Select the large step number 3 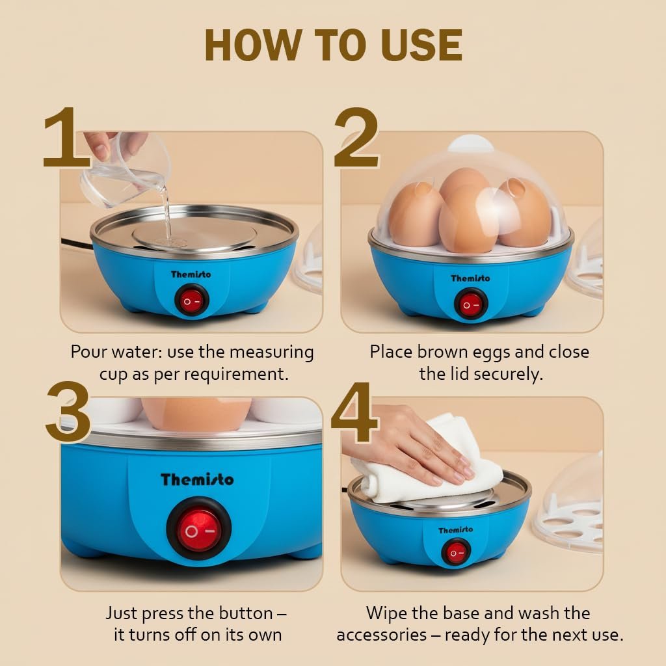point(68,411)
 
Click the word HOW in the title point(254,46)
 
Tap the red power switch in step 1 point(192,300)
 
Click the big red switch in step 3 point(198,530)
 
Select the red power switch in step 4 point(456,553)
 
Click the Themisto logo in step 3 point(197,479)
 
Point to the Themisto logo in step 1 point(191,274)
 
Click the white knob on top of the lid point(471,143)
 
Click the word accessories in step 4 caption point(381,635)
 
